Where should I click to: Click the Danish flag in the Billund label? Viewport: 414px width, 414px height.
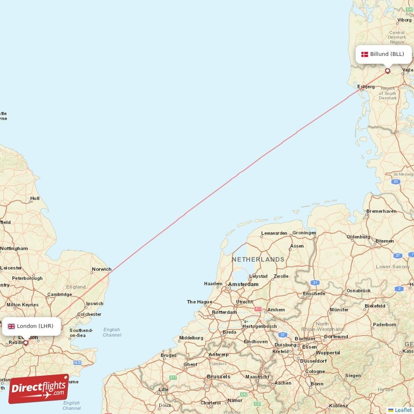[364, 54]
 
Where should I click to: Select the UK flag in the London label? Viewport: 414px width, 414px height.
[11, 326]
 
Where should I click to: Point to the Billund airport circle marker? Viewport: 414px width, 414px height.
[388, 71]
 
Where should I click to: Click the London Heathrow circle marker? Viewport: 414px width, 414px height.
[26, 342]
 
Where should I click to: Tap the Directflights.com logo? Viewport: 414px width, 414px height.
[39, 389]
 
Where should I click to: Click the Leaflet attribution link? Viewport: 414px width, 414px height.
[403, 410]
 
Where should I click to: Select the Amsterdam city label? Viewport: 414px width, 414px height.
[243, 284]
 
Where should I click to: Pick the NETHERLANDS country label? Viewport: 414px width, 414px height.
[258, 259]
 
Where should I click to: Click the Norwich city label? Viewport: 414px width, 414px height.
[101, 269]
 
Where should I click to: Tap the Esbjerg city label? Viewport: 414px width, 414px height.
[366, 86]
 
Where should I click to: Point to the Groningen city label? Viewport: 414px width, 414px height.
[304, 233]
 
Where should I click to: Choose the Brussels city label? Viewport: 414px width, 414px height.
[218, 376]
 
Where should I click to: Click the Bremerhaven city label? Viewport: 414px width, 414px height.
[382, 211]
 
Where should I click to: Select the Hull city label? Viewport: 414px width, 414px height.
[35, 198]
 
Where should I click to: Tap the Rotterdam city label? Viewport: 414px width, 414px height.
[224, 312]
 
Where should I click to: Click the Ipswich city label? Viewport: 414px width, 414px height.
[94, 304]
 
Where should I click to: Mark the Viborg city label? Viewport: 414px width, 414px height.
[404, 20]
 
